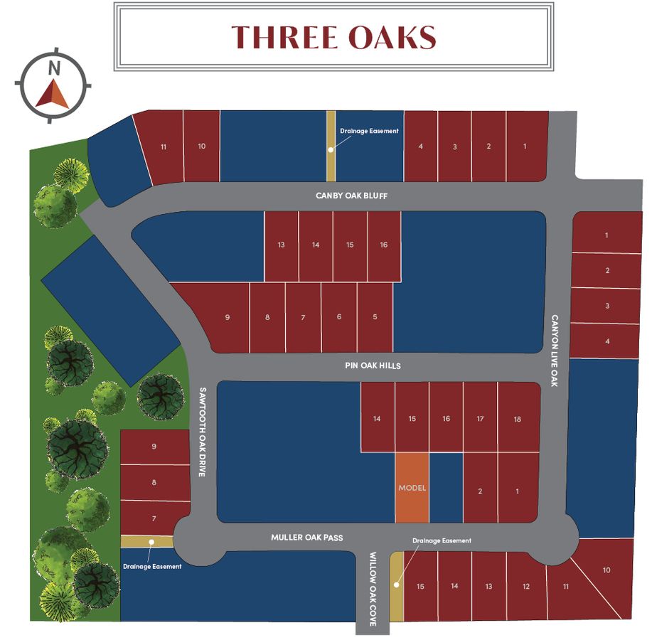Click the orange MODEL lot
click(412, 488)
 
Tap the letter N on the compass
click(53, 69)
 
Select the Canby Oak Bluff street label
click(351, 196)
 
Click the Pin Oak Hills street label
click(373, 366)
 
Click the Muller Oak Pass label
click(306, 538)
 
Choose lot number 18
click(517, 419)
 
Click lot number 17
click(481, 419)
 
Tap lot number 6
click(338, 317)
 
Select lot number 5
click(375, 317)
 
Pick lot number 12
click(525, 587)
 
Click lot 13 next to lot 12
click(488, 587)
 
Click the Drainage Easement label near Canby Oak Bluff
click(369, 131)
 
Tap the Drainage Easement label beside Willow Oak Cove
click(442, 541)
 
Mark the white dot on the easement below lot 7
click(151, 542)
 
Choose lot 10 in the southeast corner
click(606, 570)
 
